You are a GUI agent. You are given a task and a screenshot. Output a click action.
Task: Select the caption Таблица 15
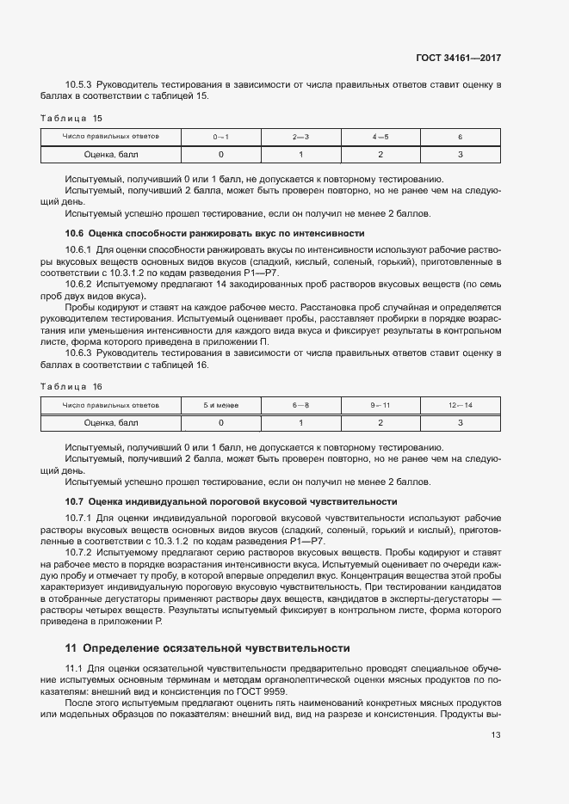click(x=72, y=118)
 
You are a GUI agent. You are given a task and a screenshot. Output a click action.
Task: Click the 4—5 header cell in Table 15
click(x=380, y=138)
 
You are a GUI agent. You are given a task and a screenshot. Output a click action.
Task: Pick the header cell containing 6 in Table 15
click(x=461, y=138)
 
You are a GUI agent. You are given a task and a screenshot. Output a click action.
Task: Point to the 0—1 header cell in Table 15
click(x=220, y=138)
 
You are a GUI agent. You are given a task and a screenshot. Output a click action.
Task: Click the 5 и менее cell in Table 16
click(x=220, y=405)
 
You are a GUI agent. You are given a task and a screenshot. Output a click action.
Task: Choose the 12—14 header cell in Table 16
click(x=461, y=405)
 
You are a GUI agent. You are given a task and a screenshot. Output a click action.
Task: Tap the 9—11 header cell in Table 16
click(x=380, y=405)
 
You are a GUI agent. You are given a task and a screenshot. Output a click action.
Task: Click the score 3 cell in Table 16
click(x=461, y=422)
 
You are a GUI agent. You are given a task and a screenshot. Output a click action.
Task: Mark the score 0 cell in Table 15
click(x=220, y=155)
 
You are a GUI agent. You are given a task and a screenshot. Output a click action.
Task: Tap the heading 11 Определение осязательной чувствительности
click(x=207, y=647)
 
